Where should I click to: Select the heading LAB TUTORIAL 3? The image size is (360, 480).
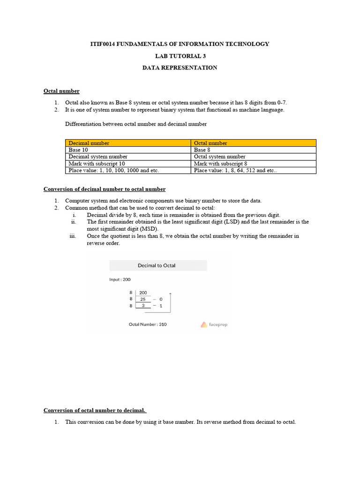click(x=180, y=56)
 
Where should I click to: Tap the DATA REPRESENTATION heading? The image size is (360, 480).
click(x=180, y=67)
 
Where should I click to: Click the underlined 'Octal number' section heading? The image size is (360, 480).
click(x=61, y=91)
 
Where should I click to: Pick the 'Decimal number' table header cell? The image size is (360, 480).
click(x=89, y=143)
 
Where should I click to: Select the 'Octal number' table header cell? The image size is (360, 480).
click(x=210, y=143)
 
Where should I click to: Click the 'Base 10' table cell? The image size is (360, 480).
click(x=78, y=150)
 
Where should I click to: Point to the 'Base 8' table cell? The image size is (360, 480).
click(x=202, y=150)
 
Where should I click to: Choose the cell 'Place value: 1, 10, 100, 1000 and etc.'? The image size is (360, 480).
click(x=114, y=171)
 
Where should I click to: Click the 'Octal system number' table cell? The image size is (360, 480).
click(x=219, y=157)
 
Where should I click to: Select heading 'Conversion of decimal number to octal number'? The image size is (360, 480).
click(x=105, y=189)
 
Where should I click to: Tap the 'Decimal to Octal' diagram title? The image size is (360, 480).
click(x=157, y=265)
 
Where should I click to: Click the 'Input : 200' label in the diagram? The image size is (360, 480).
click(x=120, y=279)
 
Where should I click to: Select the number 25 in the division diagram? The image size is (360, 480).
click(x=143, y=299)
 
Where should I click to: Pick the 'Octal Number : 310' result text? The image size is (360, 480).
click(x=148, y=324)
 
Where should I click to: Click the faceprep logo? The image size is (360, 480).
click(x=214, y=324)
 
